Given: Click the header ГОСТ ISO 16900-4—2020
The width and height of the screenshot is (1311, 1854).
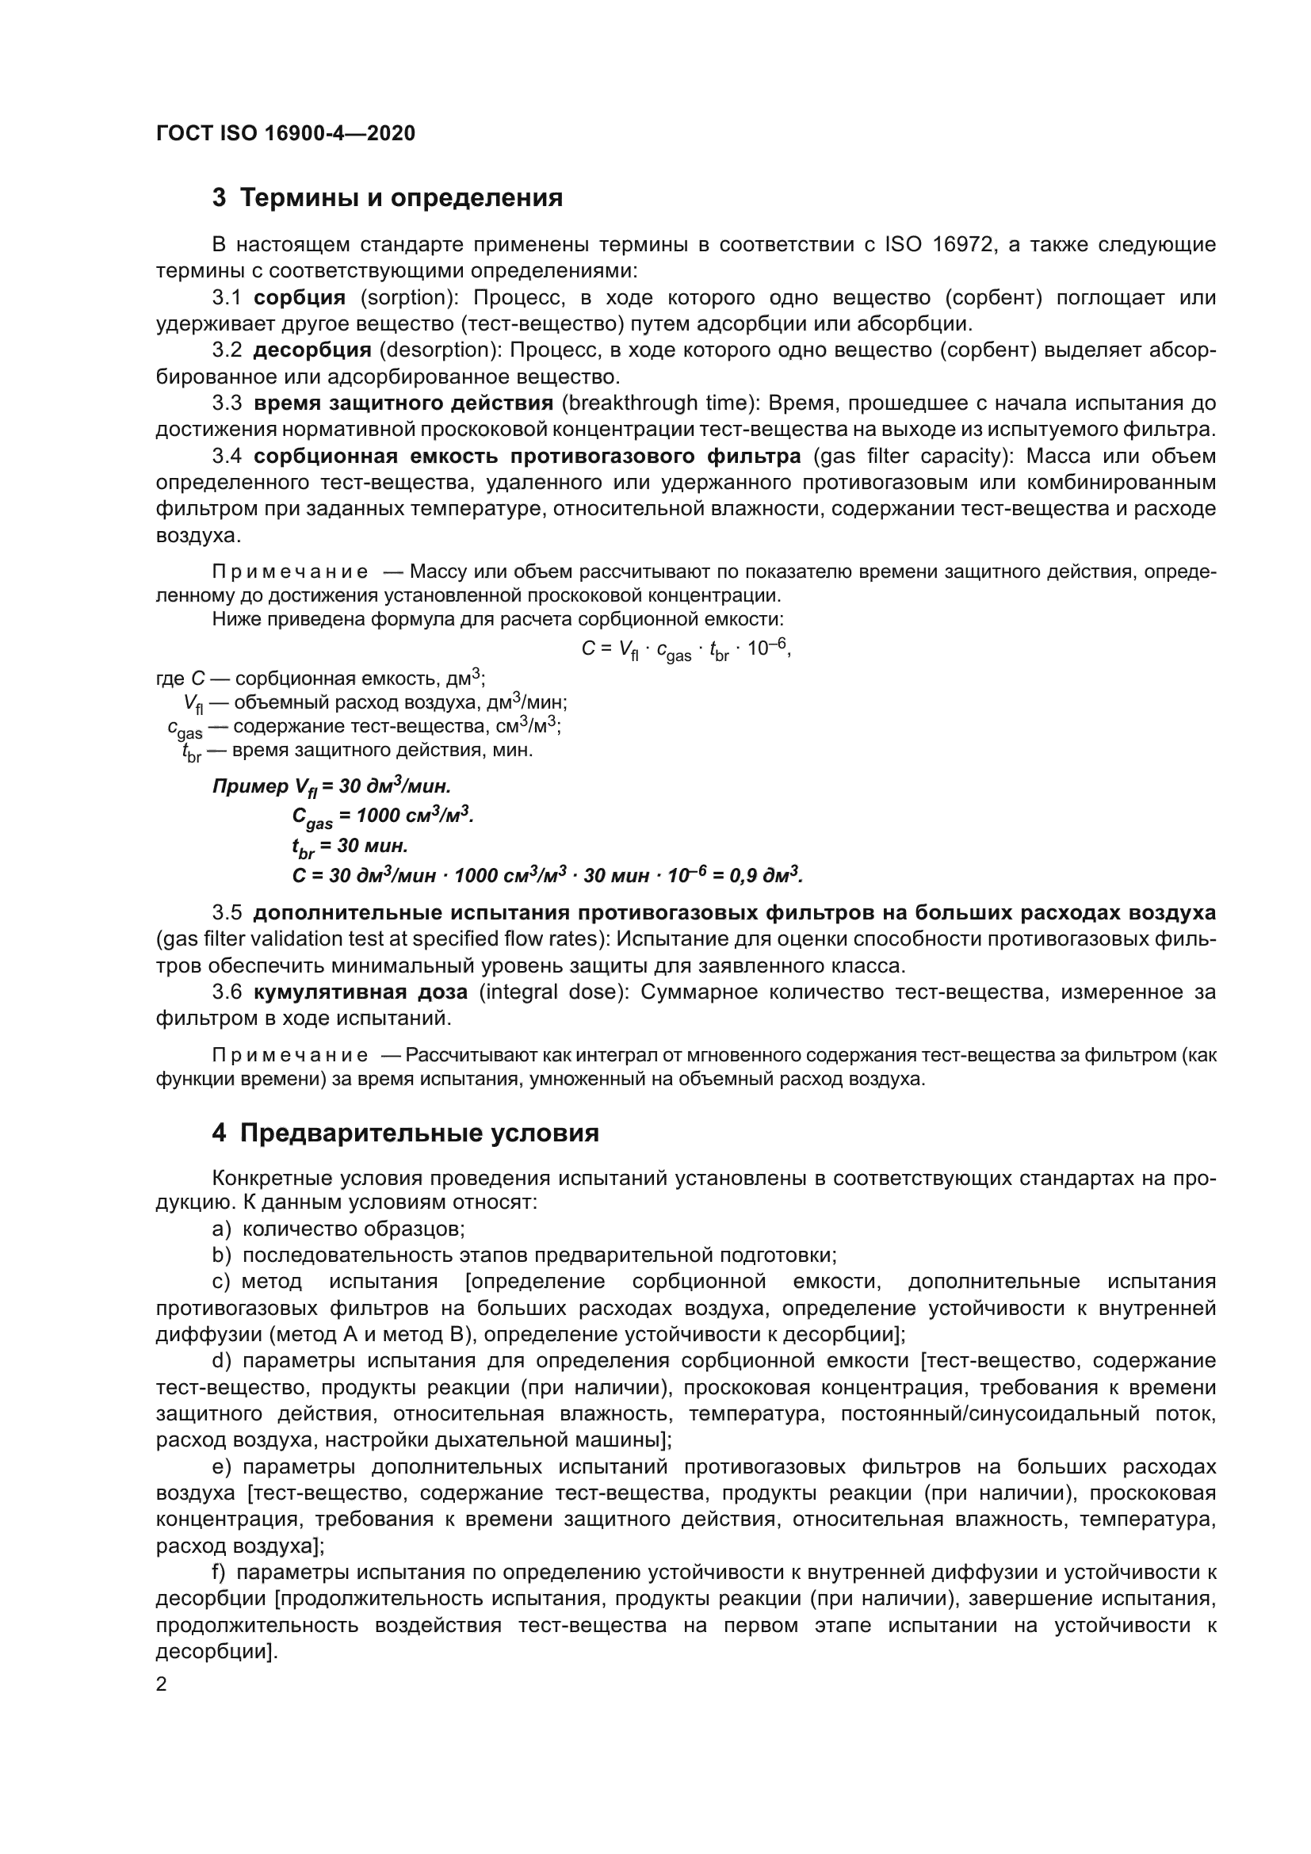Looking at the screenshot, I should coord(285,133).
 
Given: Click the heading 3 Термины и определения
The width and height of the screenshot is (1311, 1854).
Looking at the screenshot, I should coord(388,198).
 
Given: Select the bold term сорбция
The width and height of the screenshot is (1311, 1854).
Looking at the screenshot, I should coord(300,298).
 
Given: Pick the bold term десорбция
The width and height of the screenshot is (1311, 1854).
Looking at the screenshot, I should coord(312,350).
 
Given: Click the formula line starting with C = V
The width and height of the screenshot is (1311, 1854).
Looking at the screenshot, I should coord(686,649).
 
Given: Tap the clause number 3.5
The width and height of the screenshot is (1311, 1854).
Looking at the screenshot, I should coord(227,913).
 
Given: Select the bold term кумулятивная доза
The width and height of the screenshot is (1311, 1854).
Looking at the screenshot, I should coord(360,992).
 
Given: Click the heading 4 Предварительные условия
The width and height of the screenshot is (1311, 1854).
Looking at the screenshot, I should coord(405,1133).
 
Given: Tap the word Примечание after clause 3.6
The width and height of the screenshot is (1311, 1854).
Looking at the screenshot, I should coord(290,1055).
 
